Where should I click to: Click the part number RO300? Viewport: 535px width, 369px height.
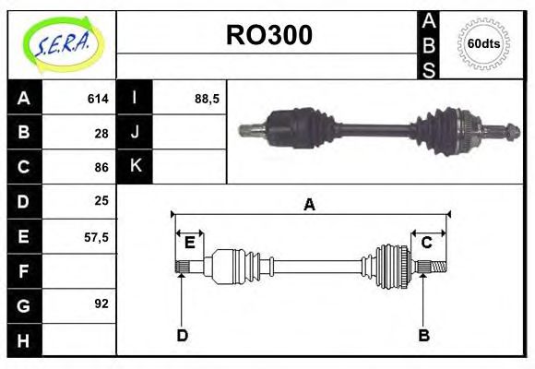click(x=269, y=34)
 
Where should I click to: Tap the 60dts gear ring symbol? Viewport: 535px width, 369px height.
click(x=483, y=44)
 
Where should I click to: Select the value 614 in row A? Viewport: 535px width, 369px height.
click(x=98, y=98)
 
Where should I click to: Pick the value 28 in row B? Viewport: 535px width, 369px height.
click(x=101, y=132)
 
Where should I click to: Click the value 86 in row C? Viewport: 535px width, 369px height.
click(x=101, y=167)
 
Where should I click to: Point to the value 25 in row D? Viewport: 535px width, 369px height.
click(x=101, y=200)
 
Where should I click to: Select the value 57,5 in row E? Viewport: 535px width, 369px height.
click(x=97, y=236)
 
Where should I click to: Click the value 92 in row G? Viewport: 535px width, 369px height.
click(x=101, y=303)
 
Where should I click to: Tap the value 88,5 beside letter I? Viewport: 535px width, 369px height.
click(x=207, y=98)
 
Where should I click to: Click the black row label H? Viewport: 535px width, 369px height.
click(x=24, y=340)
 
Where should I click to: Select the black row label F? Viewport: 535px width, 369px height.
click(x=24, y=271)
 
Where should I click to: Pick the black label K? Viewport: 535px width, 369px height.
click(x=135, y=166)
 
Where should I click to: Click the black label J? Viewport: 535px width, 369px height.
click(x=135, y=132)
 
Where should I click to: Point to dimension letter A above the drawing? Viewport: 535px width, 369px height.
click(x=309, y=204)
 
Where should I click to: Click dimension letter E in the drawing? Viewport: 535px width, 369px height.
click(x=189, y=243)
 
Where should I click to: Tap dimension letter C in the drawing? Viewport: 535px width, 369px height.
click(x=427, y=243)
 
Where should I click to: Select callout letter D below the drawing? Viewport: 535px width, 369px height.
click(x=182, y=335)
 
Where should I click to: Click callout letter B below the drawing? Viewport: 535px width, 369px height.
click(x=424, y=335)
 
